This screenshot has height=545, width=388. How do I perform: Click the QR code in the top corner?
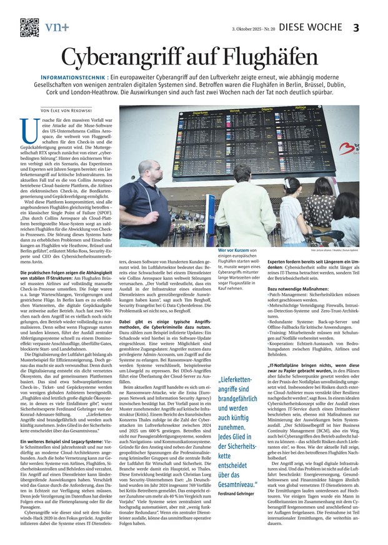(29, 27)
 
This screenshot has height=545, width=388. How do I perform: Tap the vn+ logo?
(57, 27)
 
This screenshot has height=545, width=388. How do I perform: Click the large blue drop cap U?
(27, 129)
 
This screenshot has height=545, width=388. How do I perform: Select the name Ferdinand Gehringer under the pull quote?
(239, 441)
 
